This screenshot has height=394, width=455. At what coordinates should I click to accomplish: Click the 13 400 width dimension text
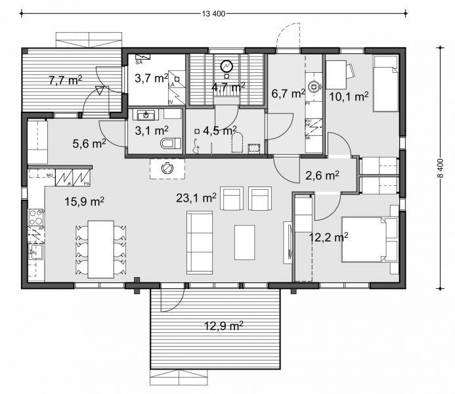click(211, 14)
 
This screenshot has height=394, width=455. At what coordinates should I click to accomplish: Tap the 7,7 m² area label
click(66, 81)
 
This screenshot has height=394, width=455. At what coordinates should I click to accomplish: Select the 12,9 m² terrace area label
click(224, 325)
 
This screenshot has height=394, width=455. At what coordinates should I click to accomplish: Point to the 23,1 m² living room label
click(196, 197)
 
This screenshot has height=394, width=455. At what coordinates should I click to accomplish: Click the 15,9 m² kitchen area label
click(85, 202)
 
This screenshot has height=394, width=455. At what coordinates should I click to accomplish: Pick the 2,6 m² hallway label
click(322, 175)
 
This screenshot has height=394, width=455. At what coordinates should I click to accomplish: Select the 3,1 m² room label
click(152, 130)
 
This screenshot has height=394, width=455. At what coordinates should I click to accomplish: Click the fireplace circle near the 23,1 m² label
click(168, 168)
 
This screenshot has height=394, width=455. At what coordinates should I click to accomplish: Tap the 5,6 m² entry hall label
click(89, 142)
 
